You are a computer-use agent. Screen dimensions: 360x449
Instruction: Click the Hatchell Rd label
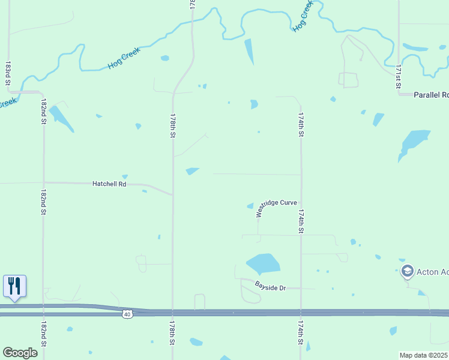(x=109, y=184)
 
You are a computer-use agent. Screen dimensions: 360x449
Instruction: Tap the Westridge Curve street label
(x=276, y=208)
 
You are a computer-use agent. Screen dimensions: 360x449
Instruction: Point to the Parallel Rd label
(x=432, y=95)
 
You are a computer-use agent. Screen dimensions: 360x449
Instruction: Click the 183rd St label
(x=8, y=73)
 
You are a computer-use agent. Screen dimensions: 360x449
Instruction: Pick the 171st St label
(x=398, y=77)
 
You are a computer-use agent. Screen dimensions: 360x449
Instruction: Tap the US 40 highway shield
(x=126, y=314)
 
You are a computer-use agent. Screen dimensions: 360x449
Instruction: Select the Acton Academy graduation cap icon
(x=408, y=271)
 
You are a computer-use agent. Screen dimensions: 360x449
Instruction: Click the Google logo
(x=20, y=353)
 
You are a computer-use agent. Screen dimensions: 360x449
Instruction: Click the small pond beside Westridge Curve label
(x=250, y=206)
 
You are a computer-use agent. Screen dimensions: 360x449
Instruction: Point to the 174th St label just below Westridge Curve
(x=301, y=221)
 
